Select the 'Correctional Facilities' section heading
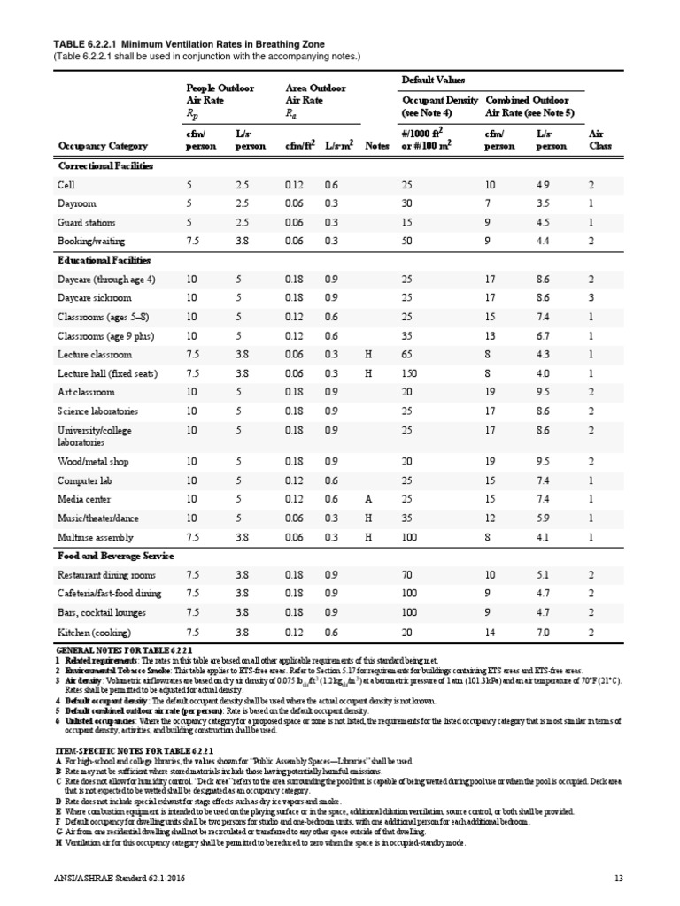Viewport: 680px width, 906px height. pyautogui.click(x=105, y=166)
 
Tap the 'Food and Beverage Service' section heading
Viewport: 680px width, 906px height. pyautogui.click(x=117, y=556)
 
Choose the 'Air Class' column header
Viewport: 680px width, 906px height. pyautogui.click(x=600, y=140)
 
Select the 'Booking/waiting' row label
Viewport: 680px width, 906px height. pyautogui.click(x=91, y=241)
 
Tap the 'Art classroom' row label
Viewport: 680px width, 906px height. pyautogui.click(x=87, y=391)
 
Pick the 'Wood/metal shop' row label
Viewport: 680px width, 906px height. pyautogui.click(x=93, y=461)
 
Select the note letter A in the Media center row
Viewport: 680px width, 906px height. pyautogui.click(x=368, y=498)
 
